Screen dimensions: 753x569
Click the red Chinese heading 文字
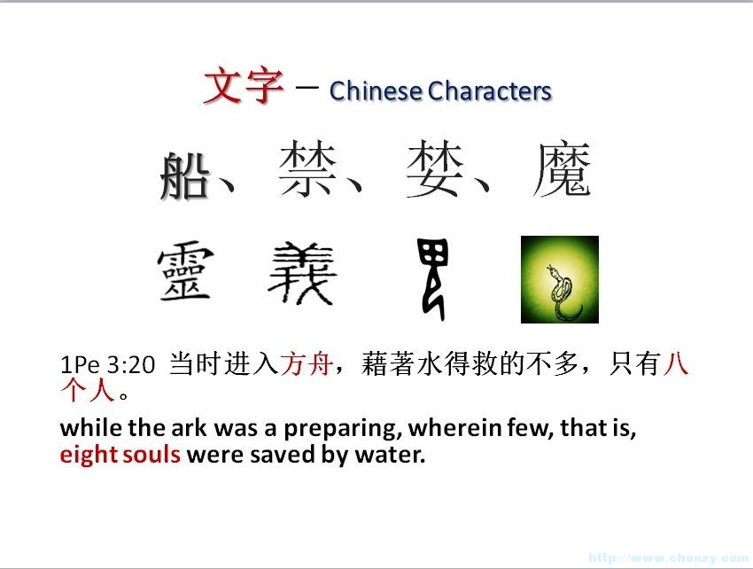tap(244, 86)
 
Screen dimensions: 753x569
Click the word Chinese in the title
tap(376, 90)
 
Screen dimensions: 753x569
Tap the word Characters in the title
tap(490, 90)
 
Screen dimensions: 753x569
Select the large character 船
tap(185, 175)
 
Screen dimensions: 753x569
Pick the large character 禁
tap(307, 168)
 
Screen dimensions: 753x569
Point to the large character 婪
tap(435, 168)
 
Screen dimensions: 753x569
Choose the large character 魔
tap(562, 169)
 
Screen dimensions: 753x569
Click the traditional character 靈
tap(185, 270)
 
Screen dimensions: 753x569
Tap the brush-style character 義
tap(301, 273)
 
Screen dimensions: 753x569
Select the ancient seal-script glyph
tap(434, 277)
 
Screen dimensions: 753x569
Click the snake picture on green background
tap(560, 279)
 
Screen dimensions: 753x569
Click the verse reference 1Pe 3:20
tap(107, 365)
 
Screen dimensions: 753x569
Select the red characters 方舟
tap(307, 363)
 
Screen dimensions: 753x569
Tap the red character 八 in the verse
tap(676, 362)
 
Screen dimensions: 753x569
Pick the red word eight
tap(87, 455)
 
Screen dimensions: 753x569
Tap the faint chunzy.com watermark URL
tap(669, 558)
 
